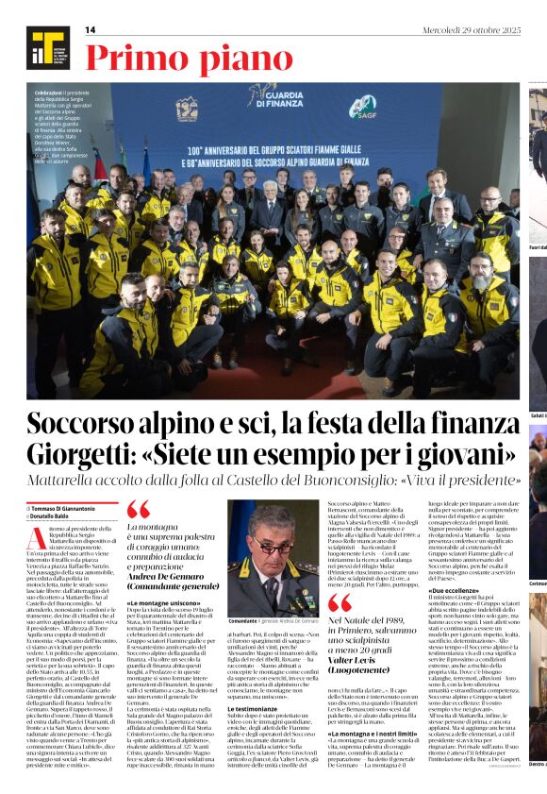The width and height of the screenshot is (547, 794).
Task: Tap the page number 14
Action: coord(91,30)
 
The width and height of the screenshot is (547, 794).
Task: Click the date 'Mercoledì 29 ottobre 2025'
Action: coord(471,30)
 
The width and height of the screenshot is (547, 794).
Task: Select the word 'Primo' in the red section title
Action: coord(124,59)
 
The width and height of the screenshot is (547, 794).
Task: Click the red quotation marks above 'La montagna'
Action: coord(137,511)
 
